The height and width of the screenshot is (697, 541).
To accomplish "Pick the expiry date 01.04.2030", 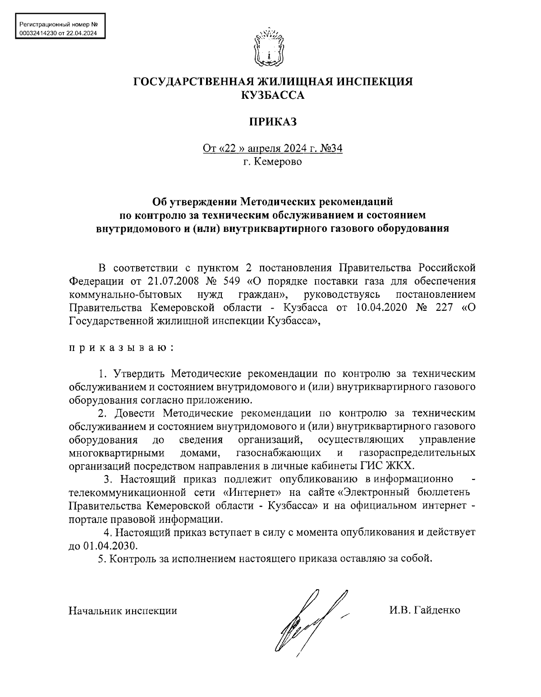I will pyautogui.click(x=110, y=546).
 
